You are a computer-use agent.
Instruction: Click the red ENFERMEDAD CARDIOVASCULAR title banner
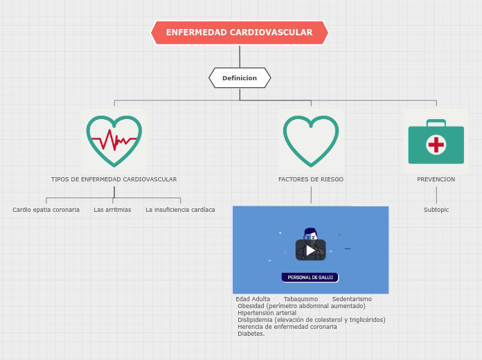239,33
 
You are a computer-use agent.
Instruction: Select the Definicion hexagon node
240,78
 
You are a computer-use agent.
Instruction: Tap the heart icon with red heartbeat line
114,141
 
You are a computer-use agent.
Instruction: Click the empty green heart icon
311,141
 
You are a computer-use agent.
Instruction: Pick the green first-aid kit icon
436,142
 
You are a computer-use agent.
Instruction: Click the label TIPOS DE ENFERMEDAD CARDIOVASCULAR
114,179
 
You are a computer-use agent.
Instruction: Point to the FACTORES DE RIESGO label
311,179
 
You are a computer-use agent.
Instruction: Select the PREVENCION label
436,179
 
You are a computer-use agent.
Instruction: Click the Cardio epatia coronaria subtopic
46,210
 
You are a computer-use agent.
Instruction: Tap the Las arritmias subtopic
112,210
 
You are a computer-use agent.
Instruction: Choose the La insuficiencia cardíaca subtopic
180,210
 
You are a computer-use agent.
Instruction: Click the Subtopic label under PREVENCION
436,210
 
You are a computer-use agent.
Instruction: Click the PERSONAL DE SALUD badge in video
310,277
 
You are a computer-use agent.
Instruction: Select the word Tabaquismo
301,299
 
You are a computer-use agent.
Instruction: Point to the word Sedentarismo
352,299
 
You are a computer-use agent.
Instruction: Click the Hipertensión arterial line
267,313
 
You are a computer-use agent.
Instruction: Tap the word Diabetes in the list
251,334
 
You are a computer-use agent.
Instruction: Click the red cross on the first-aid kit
436,145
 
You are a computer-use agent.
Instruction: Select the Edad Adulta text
253,299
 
